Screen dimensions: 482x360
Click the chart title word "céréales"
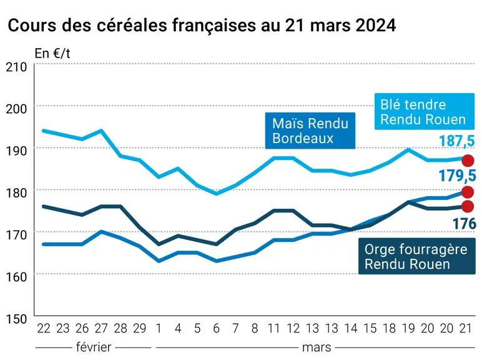click(x=132, y=25)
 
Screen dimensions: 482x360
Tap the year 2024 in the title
click(x=376, y=25)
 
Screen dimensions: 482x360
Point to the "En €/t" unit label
click(x=52, y=54)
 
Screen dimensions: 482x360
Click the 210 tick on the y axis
click(x=16, y=67)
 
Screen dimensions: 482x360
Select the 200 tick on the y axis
click(x=16, y=109)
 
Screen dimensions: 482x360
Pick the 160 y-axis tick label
click(x=16, y=277)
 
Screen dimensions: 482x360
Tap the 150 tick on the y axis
click(x=16, y=319)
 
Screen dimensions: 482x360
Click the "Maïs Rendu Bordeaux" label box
click(x=310, y=131)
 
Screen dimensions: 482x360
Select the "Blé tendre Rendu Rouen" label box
click(x=425, y=111)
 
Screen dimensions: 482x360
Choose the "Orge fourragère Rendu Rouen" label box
click(x=417, y=256)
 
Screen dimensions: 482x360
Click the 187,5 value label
click(x=457, y=141)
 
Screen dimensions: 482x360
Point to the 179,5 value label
click(x=457, y=176)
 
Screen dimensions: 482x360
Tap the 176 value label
click(x=465, y=224)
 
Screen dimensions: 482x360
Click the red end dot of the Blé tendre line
click(x=468, y=161)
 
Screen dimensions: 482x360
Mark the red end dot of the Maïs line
click(x=468, y=192)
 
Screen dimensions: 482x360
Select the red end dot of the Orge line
click(x=468, y=206)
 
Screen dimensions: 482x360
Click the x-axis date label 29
click(x=140, y=329)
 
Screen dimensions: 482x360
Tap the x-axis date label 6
click(x=217, y=329)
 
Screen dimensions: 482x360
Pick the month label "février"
click(x=94, y=347)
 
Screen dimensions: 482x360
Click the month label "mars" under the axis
click(x=317, y=347)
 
